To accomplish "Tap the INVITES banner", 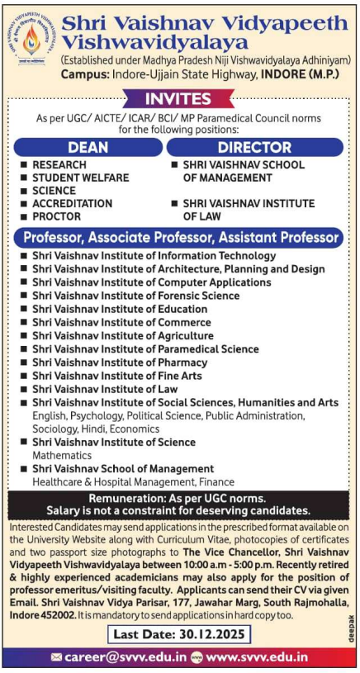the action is click(x=179, y=98).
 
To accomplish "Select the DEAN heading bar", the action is click(x=88, y=147).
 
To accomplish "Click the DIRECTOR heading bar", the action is click(x=253, y=147).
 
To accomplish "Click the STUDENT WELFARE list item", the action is click(x=80, y=178).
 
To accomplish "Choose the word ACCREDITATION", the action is click(x=72, y=203).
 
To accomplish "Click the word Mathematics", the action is click(x=62, y=455).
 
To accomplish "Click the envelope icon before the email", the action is click(x=56, y=658).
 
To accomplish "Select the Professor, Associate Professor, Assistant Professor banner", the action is click(x=179, y=238).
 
